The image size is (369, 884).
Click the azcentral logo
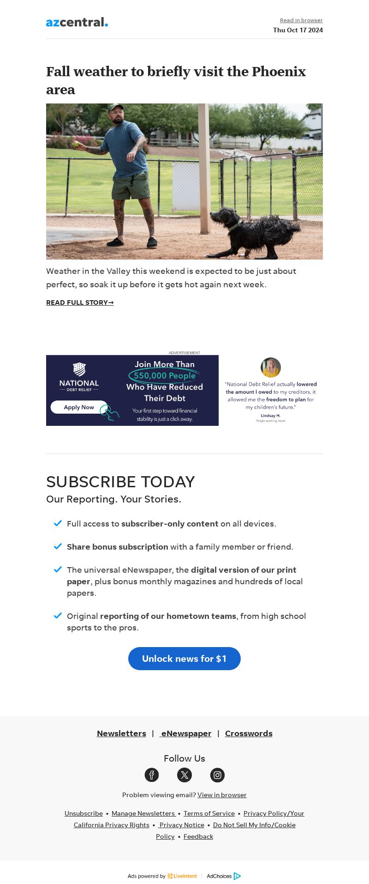click(77, 22)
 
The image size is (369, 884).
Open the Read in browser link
click(301, 20)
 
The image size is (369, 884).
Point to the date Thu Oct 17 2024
click(298, 30)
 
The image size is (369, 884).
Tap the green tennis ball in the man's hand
click(75, 144)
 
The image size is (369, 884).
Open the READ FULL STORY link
click(80, 303)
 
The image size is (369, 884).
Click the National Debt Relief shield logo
click(79, 369)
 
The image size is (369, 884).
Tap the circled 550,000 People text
click(165, 376)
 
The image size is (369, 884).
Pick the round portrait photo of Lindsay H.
click(271, 368)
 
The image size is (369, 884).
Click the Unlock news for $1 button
click(184, 659)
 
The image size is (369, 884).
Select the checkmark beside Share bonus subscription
click(58, 546)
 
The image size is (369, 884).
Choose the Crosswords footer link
click(249, 733)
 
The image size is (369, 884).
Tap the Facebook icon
click(152, 775)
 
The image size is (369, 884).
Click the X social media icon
click(184, 775)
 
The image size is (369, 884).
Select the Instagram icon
click(217, 775)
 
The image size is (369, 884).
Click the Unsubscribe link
click(83, 813)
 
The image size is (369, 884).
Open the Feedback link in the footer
click(198, 836)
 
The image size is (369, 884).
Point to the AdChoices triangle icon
click(237, 876)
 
